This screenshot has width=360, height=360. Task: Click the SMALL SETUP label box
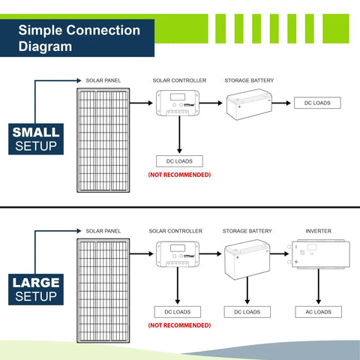click(36, 139)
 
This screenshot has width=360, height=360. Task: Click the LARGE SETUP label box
click(36, 289)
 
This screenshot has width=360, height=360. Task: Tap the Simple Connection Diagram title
click(79, 38)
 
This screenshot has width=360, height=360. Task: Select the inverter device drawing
click(319, 254)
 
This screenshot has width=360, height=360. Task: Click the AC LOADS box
click(318, 312)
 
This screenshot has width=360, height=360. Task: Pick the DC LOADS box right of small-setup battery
click(317, 103)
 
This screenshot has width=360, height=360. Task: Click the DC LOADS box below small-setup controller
click(179, 161)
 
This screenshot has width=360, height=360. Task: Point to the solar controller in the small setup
click(178, 103)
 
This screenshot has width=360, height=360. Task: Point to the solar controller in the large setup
click(178, 254)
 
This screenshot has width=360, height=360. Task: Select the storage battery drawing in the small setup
click(249, 104)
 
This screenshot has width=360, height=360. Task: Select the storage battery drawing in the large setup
click(247, 259)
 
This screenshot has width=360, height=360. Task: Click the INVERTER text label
click(318, 231)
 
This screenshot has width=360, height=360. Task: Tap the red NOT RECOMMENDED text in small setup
click(179, 175)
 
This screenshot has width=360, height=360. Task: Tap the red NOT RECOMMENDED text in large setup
click(179, 325)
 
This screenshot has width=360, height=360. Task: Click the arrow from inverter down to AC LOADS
click(318, 286)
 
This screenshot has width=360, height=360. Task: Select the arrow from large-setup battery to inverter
click(280, 254)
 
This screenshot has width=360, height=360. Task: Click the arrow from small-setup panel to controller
click(141, 103)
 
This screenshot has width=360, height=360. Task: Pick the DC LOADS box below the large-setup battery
click(247, 312)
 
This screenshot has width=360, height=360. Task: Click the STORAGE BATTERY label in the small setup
click(249, 80)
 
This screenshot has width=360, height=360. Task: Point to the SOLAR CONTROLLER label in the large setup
click(175, 231)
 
